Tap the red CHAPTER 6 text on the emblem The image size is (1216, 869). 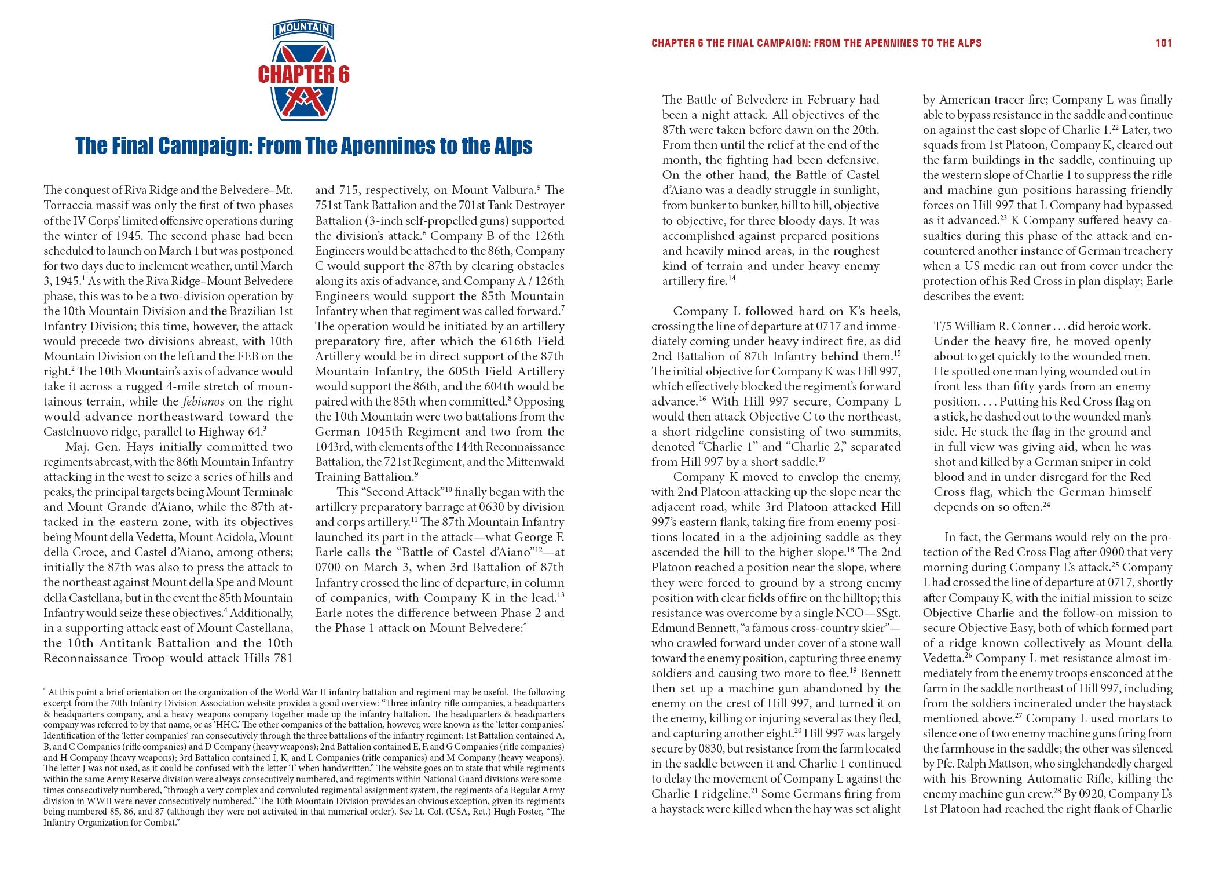pos(303,75)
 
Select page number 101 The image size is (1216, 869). pos(1163,43)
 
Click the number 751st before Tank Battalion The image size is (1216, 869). pos(330,205)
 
